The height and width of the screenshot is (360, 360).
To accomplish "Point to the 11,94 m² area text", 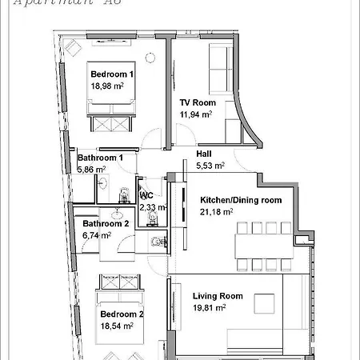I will pos(196,114).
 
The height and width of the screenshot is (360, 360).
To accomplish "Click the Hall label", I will pos(204,154).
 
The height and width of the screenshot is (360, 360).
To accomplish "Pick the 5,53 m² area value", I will pos(210,166).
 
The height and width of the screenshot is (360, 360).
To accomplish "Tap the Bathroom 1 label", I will pos(100,158).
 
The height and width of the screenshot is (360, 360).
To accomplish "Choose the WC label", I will pos(146,195).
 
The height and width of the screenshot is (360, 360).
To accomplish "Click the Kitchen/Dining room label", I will pos(240,200).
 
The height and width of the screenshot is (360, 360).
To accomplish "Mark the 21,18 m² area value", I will pos(216,212).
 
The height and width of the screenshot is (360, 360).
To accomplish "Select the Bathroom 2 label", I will pos(106,224).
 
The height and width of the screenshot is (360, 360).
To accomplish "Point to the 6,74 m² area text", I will pos(100,236).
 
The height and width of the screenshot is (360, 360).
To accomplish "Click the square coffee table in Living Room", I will pos(266,303).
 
